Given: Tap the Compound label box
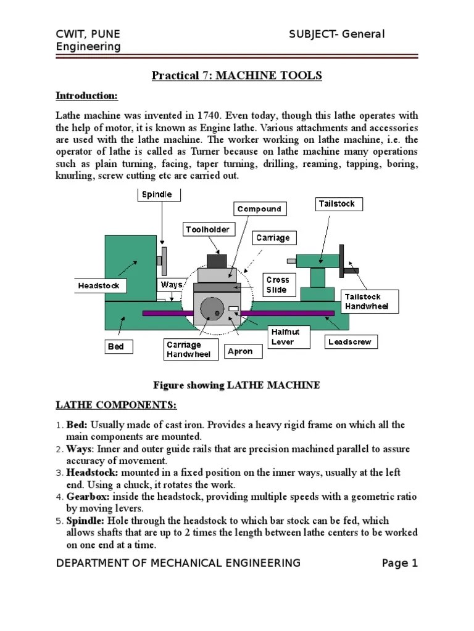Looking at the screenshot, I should click(x=259, y=209).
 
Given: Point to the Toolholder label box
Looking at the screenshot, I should click(x=208, y=230).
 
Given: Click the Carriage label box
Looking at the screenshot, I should click(x=273, y=238).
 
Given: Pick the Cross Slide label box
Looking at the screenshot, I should click(x=278, y=285).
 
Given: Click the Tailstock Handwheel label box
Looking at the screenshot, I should click(x=371, y=301).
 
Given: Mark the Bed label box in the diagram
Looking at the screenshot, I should click(x=116, y=347).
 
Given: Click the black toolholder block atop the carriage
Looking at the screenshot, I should click(x=216, y=261).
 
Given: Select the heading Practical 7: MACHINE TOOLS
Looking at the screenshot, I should click(x=237, y=76).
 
